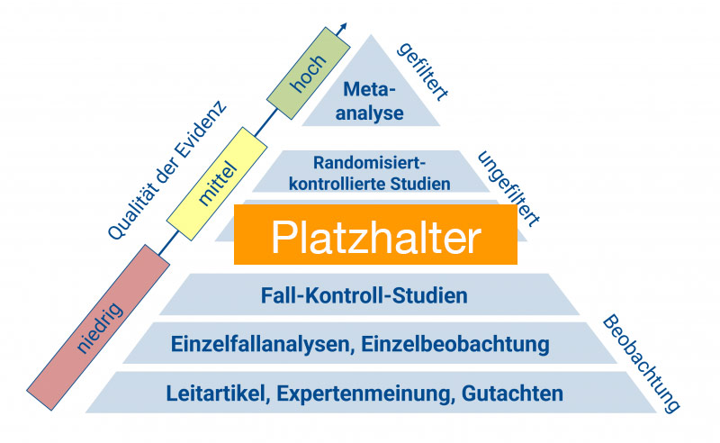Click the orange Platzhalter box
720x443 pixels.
(x=376, y=235)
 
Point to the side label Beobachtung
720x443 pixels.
(x=640, y=364)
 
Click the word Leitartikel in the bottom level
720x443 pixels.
(x=218, y=393)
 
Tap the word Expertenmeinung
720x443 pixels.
(x=366, y=393)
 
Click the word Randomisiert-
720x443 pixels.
(x=368, y=163)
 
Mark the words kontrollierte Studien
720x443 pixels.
(x=369, y=184)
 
